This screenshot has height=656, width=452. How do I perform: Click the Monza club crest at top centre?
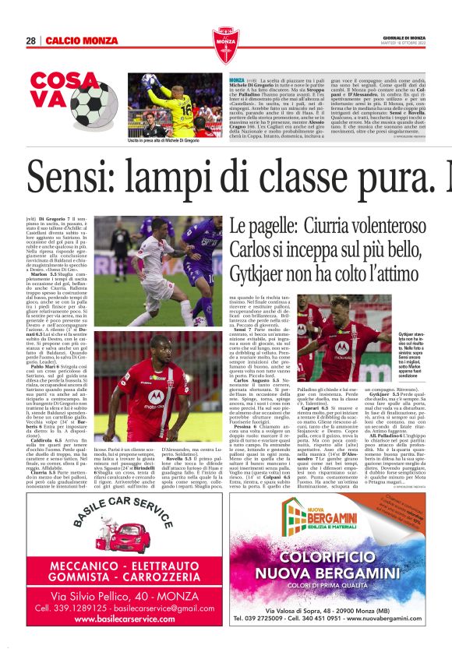tap(225, 41)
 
